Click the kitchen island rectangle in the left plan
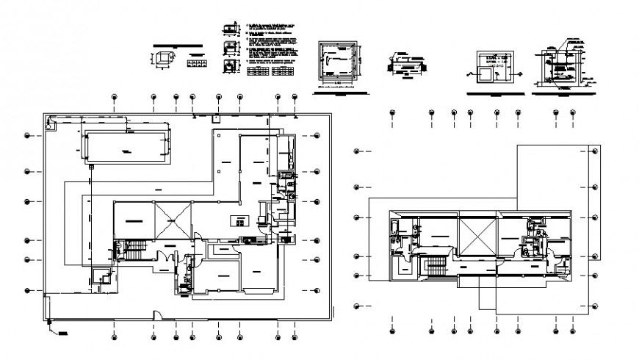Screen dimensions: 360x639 (240, 220)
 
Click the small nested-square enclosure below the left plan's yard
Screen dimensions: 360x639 (101, 276)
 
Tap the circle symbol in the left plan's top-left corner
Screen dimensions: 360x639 (49, 126)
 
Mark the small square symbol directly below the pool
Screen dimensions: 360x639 (92, 167)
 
